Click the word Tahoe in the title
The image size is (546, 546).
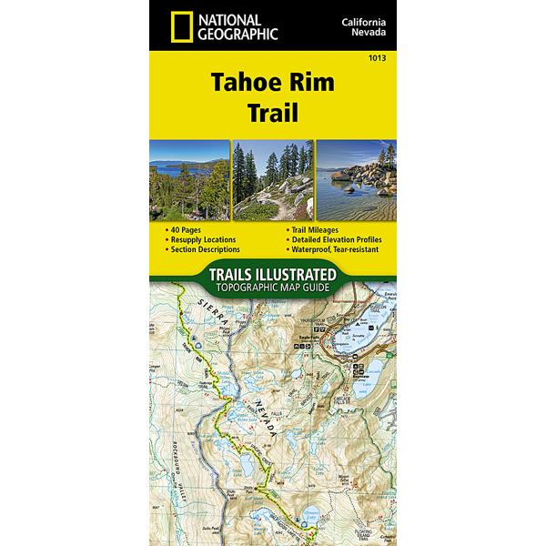[x=239, y=83]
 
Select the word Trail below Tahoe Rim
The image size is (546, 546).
[x=273, y=116]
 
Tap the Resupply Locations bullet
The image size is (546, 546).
[x=201, y=239]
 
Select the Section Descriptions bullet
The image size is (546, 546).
[x=204, y=248]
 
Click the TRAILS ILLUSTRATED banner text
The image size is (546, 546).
[x=273, y=274]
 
